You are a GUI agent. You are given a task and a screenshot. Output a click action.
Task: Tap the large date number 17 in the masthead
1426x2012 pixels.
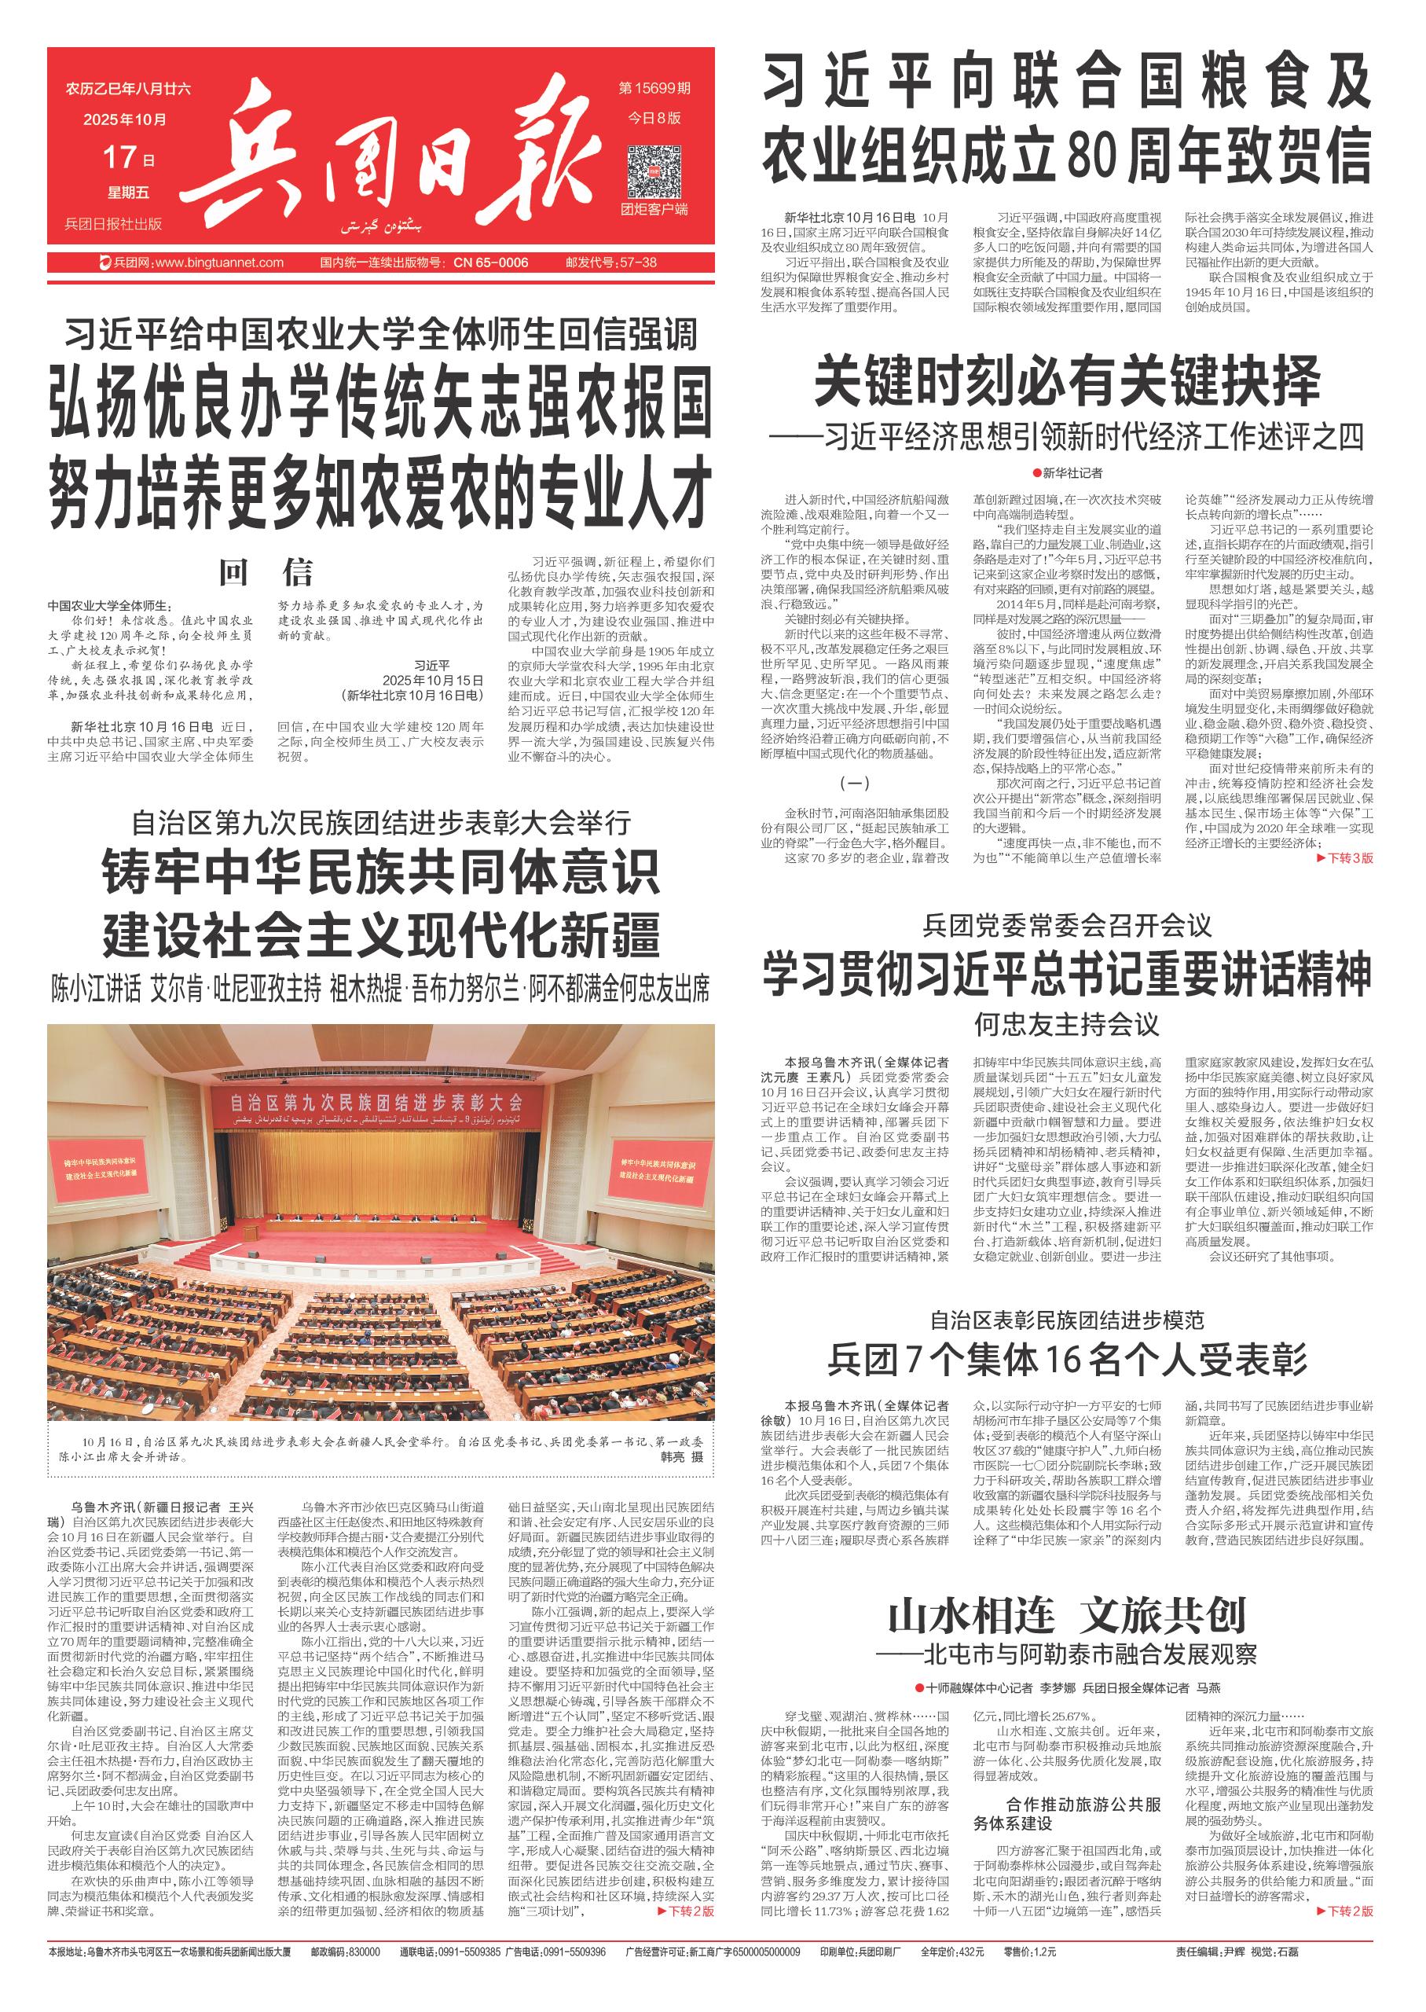pos(121,157)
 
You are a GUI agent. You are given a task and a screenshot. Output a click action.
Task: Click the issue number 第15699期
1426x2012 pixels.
pos(654,89)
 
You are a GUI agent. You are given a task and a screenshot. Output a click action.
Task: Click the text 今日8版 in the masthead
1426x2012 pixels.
pos(654,119)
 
